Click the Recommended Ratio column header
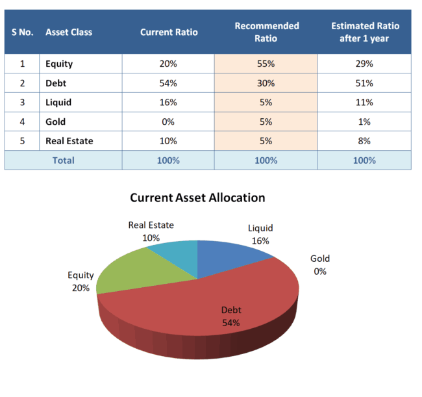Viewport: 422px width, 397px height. point(266,32)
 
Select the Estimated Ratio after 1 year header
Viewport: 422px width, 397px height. point(365,32)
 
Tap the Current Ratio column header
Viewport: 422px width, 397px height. point(169,32)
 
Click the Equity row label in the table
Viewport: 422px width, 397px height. point(59,64)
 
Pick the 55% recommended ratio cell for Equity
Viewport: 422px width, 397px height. point(266,64)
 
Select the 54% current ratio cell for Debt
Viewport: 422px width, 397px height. point(168,83)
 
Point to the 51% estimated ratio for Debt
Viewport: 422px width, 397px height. point(364,83)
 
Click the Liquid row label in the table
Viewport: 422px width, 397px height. point(58,103)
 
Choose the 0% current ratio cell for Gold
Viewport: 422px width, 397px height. point(168,122)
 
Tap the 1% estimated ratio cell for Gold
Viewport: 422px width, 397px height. point(364,122)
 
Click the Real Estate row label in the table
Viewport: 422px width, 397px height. point(69,141)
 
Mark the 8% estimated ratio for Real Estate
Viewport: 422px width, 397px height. point(364,141)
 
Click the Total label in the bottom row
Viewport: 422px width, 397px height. point(63,160)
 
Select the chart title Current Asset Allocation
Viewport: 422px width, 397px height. point(197,198)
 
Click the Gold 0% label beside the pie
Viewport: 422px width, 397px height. point(320,265)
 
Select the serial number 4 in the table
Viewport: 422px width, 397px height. point(22,122)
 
